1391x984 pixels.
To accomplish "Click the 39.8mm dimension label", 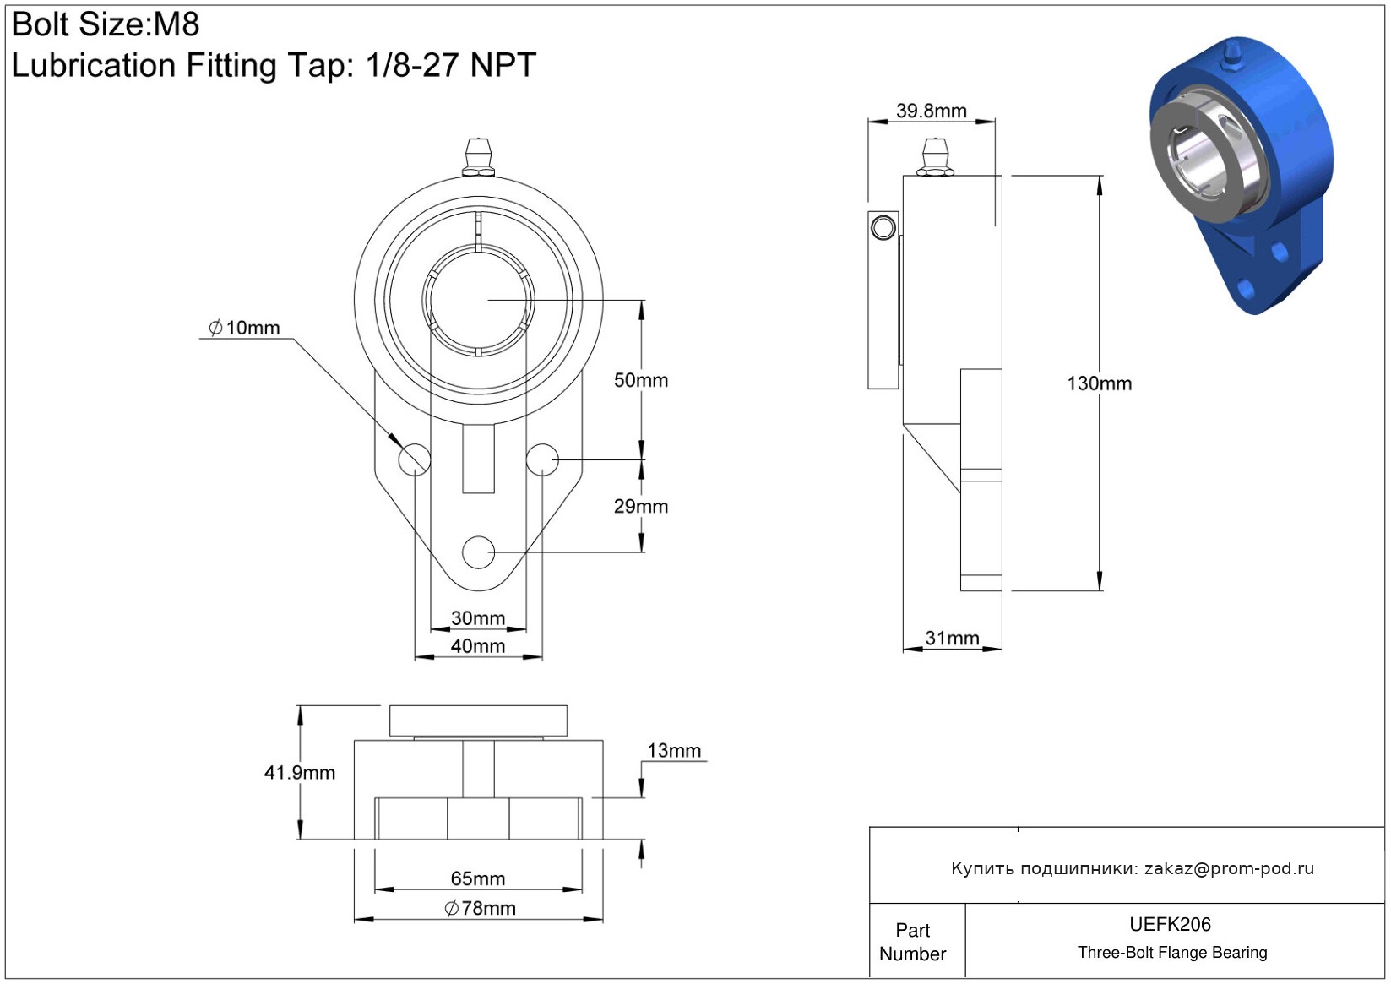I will (931, 111).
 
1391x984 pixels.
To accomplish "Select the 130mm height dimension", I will (1099, 383).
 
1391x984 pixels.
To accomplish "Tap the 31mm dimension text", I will (952, 639).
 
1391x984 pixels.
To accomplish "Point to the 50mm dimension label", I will (641, 381).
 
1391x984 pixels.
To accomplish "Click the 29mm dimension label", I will (641, 507).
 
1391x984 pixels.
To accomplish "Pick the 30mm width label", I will (478, 618).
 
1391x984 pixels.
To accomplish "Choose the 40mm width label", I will (478, 646).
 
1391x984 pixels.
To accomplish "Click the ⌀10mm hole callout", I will (244, 328).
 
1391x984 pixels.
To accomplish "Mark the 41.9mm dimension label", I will (299, 773).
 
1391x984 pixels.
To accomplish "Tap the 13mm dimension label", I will (674, 751).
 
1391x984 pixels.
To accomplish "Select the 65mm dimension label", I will (478, 878).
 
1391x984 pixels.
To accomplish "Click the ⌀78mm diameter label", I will (480, 909).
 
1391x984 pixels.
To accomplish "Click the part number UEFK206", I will (1170, 925).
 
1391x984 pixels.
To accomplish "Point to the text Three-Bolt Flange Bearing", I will (1172, 953).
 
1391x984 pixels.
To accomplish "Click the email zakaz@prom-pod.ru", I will (1229, 868).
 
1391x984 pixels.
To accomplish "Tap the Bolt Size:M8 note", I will (106, 24).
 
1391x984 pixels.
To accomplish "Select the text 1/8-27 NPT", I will (451, 65).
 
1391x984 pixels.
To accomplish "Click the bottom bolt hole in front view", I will (479, 552).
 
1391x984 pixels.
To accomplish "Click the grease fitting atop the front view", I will (479, 157).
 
